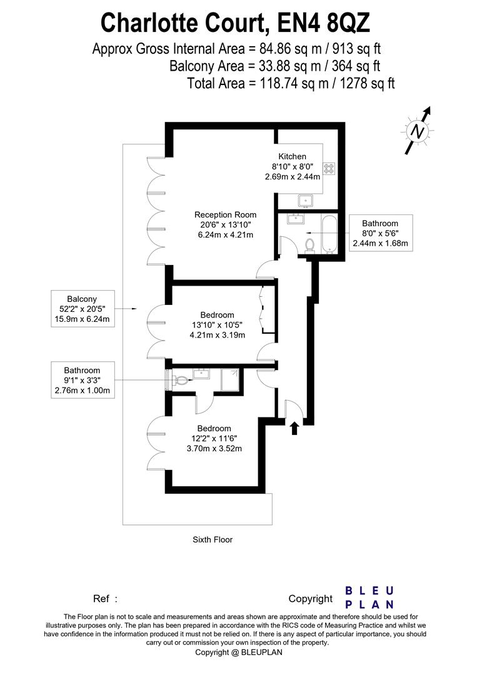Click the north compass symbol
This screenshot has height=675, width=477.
point(417,131)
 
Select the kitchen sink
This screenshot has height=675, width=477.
point(306,201)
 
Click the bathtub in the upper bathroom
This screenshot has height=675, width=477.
point(329,234)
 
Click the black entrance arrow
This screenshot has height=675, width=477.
point(294,427)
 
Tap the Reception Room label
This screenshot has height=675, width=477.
point(225,214)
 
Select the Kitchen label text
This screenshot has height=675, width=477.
point(292,156)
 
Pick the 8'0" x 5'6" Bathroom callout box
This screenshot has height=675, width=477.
point(380,233)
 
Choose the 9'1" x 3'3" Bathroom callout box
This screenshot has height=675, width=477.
point(82,381)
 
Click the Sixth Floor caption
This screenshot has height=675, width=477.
point(213,539)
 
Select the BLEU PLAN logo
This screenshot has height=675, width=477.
point(370,597)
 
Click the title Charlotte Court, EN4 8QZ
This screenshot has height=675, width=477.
point(236,23)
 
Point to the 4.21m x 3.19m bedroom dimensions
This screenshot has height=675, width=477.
point(218,334)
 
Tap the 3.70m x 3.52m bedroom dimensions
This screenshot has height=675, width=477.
point(215,448)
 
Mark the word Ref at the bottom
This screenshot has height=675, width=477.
point(101,599)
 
